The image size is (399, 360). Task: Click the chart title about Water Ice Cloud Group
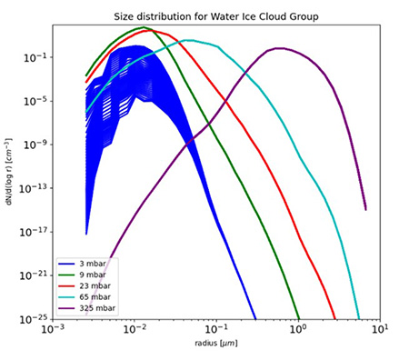coord(211,17)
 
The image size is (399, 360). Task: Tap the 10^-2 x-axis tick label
coord(135,331)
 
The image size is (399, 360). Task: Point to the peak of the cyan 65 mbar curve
coord(188,40)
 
